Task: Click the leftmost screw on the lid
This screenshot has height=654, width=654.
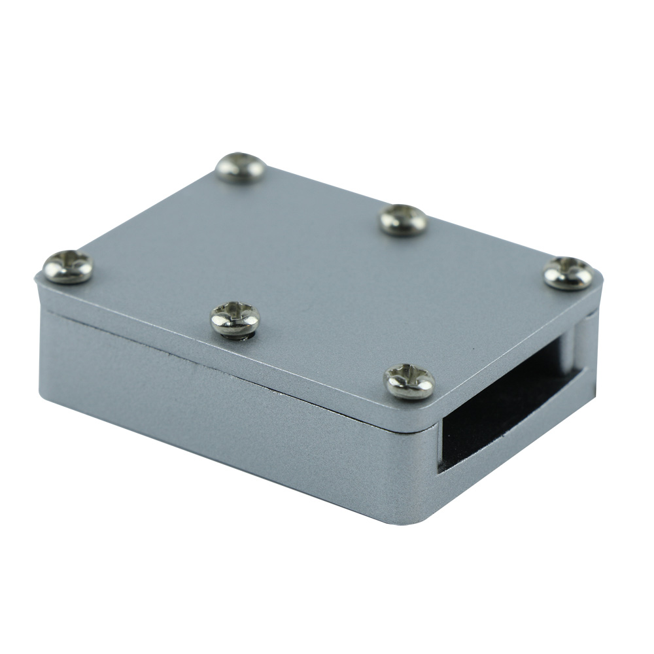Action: click(68, 267)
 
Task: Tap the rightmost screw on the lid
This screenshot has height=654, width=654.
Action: click(568, 273)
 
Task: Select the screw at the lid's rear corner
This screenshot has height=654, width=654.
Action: click(240, 167)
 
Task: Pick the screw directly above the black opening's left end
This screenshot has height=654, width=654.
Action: click(409, 381)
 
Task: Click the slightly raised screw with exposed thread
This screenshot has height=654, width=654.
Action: click(235, 318)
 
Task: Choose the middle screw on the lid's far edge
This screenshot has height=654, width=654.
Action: click(404, 220)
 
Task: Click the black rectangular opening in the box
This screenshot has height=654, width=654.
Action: click(504, 412)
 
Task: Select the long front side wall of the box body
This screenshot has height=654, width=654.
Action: click(229, 419)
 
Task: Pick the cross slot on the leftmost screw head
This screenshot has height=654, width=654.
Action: click(68, 265)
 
